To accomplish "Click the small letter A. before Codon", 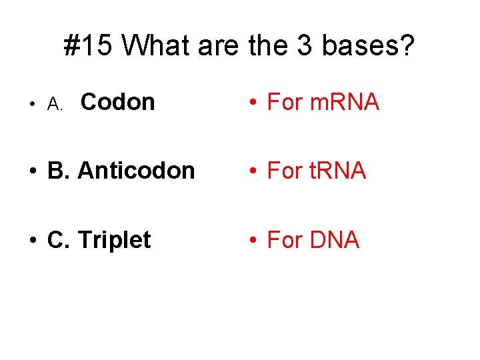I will point(55,104).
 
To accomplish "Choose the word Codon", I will point(117,102).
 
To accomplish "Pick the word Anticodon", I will point(136,171).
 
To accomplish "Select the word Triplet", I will point(115,240).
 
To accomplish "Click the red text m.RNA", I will point(345,102).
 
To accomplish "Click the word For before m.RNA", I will point(284,102).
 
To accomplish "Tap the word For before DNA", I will point(284,240).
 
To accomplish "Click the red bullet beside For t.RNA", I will point(254,171).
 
